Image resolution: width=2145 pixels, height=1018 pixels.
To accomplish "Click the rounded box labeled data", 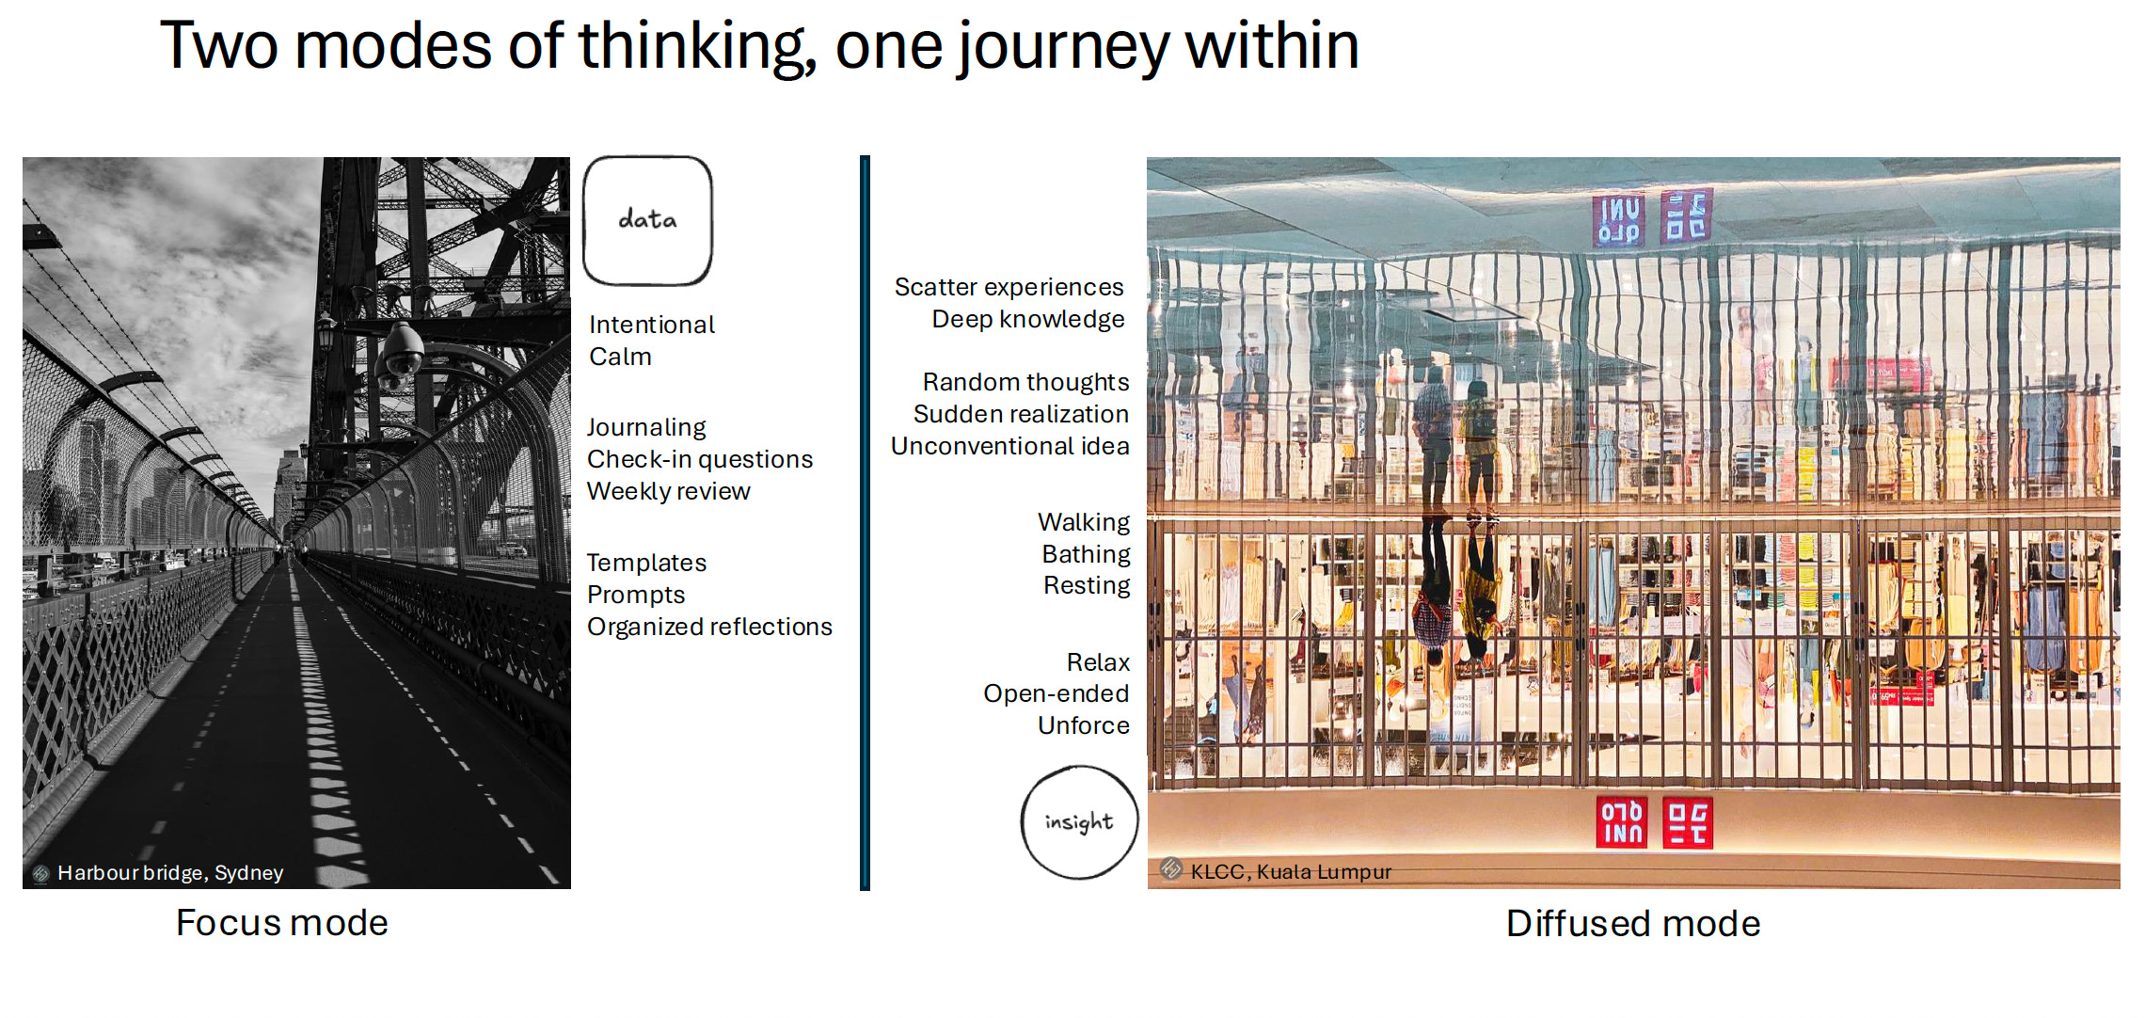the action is tap(647, 221).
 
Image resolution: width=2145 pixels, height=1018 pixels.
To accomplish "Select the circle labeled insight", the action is tap(1079, 822).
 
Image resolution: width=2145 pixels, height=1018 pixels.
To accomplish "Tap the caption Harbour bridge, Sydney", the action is tap(169, 873).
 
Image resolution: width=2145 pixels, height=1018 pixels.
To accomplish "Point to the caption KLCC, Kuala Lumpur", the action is tap(1290, 872).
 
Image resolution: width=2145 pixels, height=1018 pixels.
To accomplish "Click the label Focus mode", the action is tap(281, 923).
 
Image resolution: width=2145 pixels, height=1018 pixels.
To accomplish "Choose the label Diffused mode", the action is tap(1632, 924).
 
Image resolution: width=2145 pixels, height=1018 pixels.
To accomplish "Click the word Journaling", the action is tap(646, 428).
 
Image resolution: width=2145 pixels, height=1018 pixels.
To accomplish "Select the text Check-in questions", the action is tap(699, 459).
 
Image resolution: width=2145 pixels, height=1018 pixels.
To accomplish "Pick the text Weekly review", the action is tap(668, 491).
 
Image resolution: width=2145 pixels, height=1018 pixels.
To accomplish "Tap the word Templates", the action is tap(646, 563).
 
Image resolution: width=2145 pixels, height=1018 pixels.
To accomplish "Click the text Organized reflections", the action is tap(709, 627).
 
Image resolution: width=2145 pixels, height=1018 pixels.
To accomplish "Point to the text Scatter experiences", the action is tap(1009, 287).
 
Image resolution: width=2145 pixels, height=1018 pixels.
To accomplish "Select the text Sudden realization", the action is tap(1021, 414).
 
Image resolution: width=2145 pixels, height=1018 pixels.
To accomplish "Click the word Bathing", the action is tap(1086, 554).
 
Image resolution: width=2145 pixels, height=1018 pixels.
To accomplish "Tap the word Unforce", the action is tap(1083, 725).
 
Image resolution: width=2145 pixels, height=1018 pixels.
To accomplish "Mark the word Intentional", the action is tap(652, 326).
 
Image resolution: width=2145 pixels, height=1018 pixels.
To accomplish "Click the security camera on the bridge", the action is tap(403, 352).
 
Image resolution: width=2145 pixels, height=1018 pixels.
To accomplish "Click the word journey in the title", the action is tap(1064, 47).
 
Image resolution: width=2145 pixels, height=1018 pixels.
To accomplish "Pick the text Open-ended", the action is tap(1056, 693).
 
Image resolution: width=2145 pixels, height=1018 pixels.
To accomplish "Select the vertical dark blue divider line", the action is tap(865, 522).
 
